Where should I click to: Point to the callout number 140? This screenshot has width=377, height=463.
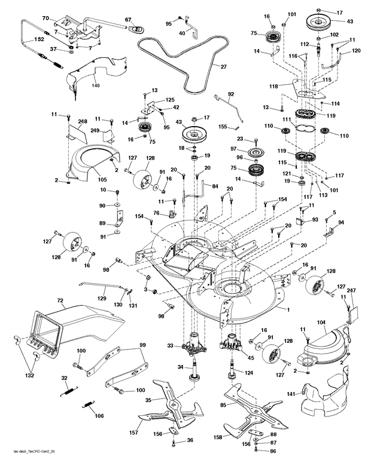tap(96, 86)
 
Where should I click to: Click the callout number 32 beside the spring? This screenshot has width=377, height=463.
tap(64, 379)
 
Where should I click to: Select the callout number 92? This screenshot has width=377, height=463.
tap(230, 94)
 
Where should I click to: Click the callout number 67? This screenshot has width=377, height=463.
tap(127, 20)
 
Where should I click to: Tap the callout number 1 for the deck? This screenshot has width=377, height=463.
tap(288, 309)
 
